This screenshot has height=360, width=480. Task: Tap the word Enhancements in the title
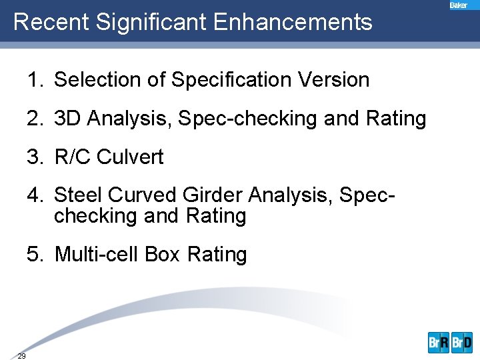[x=293, y=22]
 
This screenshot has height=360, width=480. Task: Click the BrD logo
[x=462, y=343]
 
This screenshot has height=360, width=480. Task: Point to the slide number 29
[x=22, y=356]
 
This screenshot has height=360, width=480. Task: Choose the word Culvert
[x=130, y=157]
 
